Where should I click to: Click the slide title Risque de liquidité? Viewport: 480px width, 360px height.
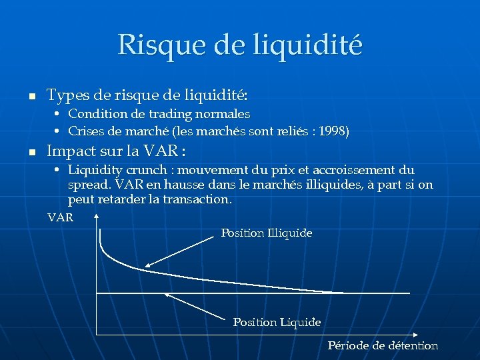pos(240,45)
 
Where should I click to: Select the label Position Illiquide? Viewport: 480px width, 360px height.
pos(266,233)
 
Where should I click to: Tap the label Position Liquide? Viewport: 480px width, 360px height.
pos(277,322)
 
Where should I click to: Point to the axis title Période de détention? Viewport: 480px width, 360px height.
pos(383,345)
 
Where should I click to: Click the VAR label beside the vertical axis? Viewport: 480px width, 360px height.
pos(61,217)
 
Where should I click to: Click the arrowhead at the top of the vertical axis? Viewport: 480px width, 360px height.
pos(97,217)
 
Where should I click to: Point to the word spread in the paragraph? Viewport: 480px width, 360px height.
pos(86,185)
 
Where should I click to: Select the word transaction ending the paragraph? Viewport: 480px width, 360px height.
pos(198,199)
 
